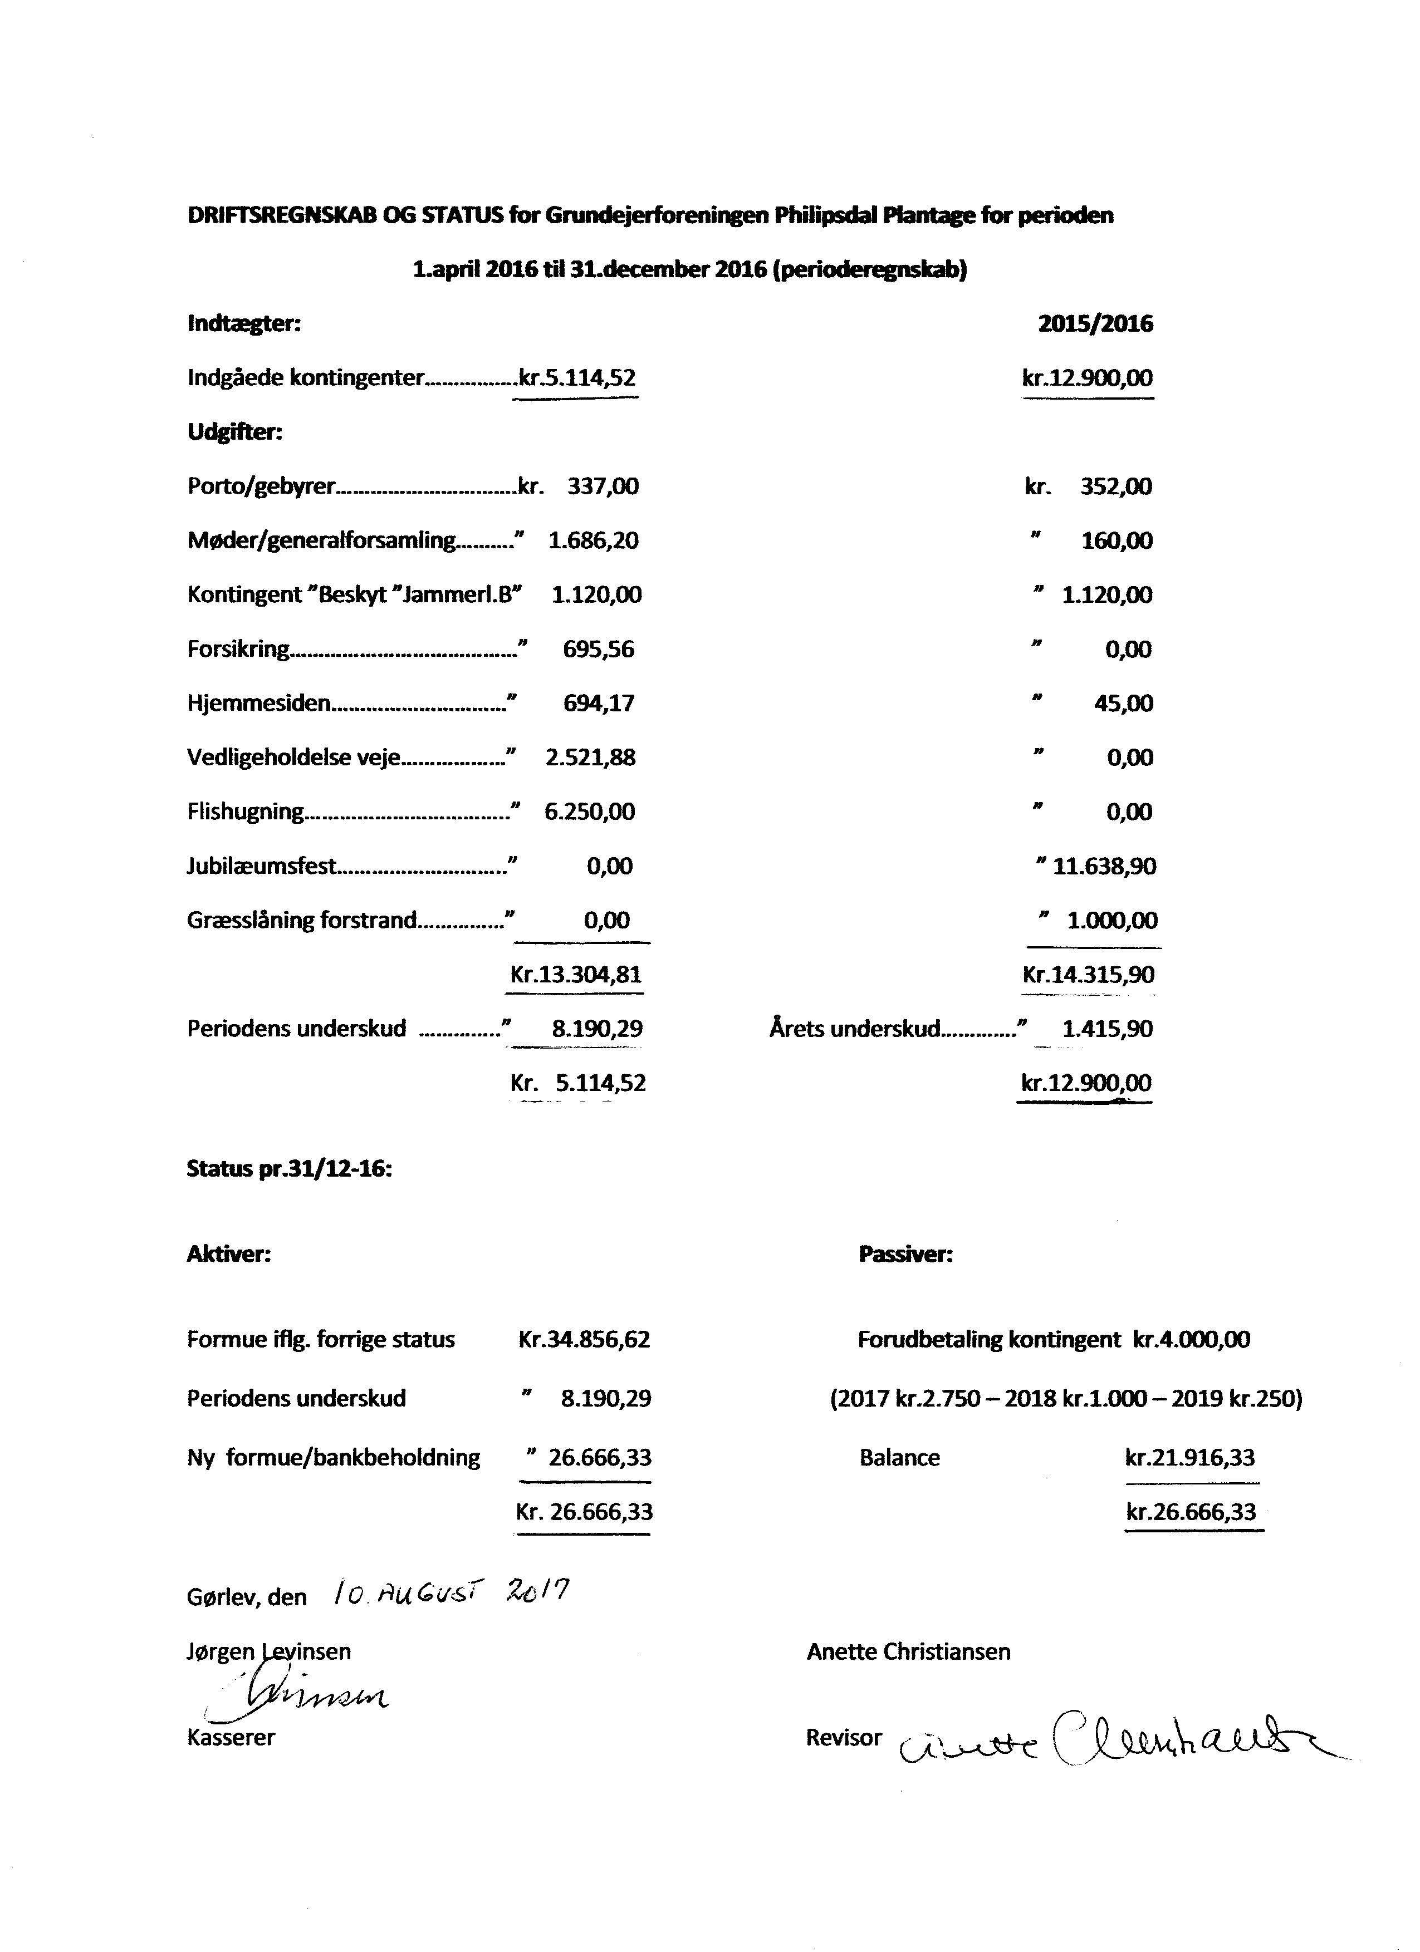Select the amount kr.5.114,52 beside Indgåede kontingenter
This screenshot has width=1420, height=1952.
pyautogui.click(x=577, y=378)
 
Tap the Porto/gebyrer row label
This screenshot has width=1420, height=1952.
pyautogui.click(x=261, y=486)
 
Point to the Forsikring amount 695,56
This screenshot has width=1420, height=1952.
pyautogui.click(x=599, y=649)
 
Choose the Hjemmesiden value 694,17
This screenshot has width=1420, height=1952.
pyautogui.click(x=599, y=703)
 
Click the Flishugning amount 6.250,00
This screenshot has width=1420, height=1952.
pyautogui.click(x=590, y=812)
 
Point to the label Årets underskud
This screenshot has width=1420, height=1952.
pyautogui.click(x=854, y=1029)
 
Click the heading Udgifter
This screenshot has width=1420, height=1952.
pyautogui.click(x=234, y=432)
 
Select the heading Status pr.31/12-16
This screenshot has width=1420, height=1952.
pyautogui.click(x=290, y=1169)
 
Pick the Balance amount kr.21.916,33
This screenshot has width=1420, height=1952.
pyautogui.click(x=1190, y=1457)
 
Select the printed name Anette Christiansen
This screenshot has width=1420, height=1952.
pyautogui.click(x=908, y=1651)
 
